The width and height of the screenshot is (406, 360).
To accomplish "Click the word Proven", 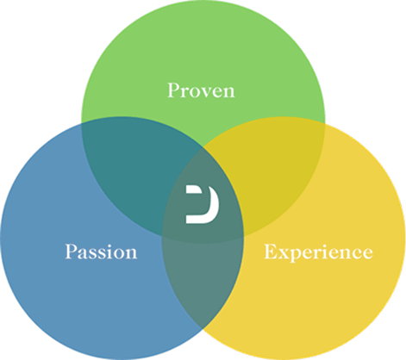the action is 201,90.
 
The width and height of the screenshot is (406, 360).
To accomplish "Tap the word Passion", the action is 101,251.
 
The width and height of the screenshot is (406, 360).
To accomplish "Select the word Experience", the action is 318,253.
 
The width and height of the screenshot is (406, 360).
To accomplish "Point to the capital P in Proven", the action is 173,90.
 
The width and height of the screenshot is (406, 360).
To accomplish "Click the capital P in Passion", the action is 72,251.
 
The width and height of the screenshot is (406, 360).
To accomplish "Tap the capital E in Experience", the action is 271,251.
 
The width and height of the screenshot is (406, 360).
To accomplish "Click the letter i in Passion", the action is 110,251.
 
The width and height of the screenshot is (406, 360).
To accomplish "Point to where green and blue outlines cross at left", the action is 82,123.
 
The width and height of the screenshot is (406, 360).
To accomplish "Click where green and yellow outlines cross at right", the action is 325,124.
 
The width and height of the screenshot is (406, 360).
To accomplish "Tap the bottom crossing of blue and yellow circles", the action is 203,329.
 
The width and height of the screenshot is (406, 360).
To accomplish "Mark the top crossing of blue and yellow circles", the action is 203,147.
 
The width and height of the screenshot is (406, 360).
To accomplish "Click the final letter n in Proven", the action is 228,92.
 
